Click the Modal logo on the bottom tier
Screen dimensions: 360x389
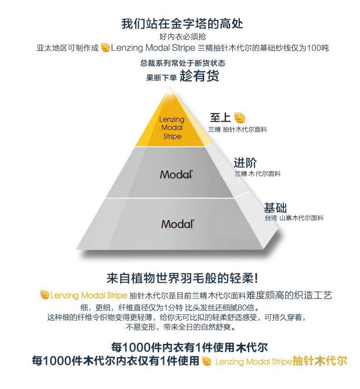178,223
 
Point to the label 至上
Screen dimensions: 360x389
220,117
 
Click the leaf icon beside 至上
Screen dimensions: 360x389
240,117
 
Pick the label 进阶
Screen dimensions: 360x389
245,163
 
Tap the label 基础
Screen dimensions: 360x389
275,208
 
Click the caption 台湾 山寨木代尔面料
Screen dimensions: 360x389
293,218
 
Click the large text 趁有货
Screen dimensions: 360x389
199,76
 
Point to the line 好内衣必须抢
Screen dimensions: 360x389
179,37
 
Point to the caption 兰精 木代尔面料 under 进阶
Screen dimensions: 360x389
257,174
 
